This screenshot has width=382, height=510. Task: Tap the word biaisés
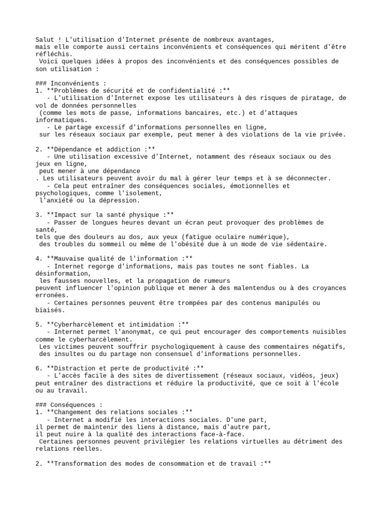click(x=50, y=310)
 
